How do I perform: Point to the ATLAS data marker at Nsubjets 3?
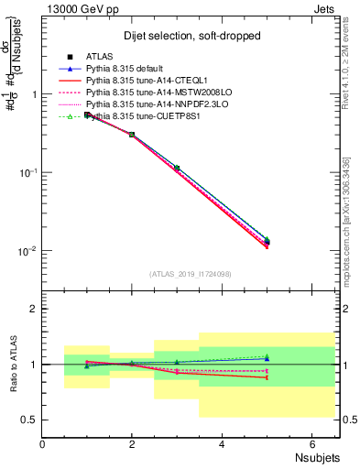click(177, 169)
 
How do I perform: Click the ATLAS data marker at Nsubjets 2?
click(132, 135)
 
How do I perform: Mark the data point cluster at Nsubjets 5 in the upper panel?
click(267, 243)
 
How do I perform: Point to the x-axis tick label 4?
click(222, 444)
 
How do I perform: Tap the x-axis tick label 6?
click(311, 444)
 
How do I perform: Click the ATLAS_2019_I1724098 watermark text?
click(191, 273)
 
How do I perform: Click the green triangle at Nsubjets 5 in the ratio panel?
click(267, 357)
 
